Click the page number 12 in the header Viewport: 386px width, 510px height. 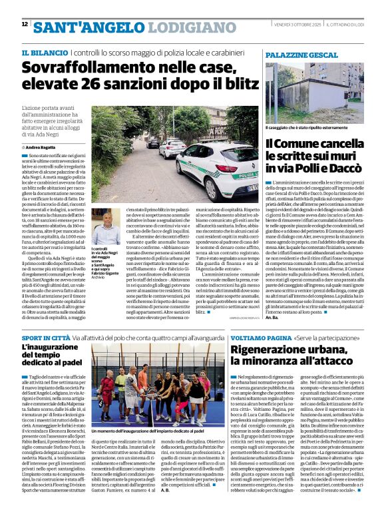tap(25, 25)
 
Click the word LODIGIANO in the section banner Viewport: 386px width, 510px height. tap(184, 27)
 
